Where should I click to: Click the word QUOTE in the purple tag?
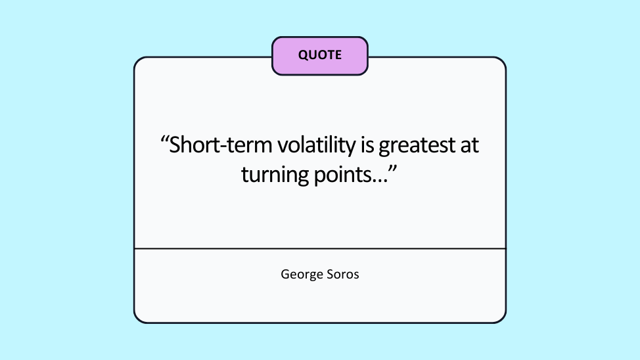[319, 55]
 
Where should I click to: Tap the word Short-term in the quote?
[220, 145]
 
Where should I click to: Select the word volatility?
[317, 146]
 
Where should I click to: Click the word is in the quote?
[367, 145]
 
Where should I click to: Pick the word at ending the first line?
[469, 146]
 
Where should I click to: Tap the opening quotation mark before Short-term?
[164, 141]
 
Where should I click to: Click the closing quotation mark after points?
[393, 169]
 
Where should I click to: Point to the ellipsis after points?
[379, 181]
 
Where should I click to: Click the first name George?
[301, 275]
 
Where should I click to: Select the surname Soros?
[342, 275]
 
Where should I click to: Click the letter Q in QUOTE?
[304, 55]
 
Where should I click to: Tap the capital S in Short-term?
[175, 145]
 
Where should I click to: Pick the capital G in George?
[285, 274]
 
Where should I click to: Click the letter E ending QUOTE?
[338, 55]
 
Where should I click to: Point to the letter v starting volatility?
[282, 147]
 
